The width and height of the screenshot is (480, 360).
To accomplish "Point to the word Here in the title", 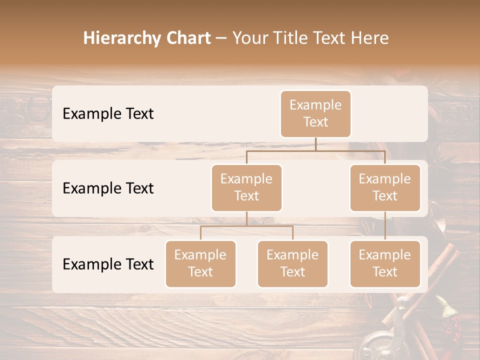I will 369,38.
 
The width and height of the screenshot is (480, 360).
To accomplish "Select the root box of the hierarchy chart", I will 315,113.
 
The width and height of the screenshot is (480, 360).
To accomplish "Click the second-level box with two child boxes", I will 246,187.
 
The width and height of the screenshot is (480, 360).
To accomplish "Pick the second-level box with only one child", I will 385,187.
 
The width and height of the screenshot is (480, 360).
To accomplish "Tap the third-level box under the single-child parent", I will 385,263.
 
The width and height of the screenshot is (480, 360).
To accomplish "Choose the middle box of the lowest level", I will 292,263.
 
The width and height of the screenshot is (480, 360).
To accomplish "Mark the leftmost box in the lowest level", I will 200,263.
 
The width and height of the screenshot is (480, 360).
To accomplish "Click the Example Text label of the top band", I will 108,114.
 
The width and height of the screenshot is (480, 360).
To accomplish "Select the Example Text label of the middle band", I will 108,188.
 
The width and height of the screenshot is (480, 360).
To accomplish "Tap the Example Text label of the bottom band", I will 108,264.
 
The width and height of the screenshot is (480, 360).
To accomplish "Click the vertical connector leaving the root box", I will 315,144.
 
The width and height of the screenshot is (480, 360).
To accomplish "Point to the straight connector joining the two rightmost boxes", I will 385,225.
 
